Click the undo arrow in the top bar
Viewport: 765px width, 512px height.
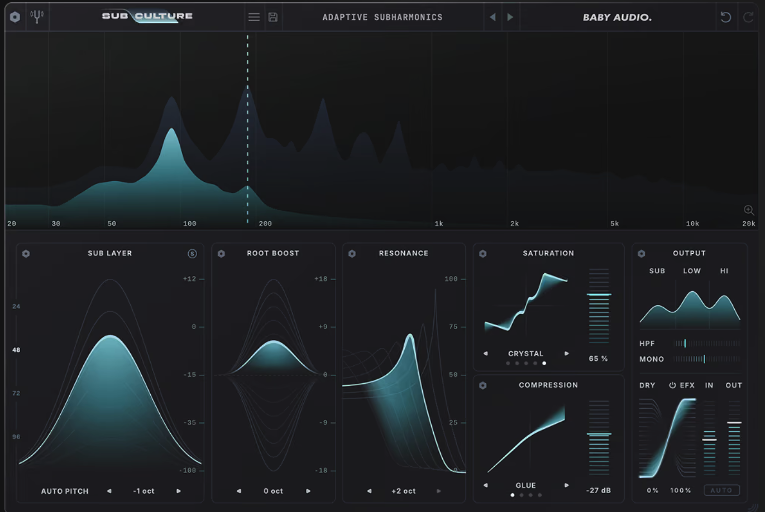(726, 17)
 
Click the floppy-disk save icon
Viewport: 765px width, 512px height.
(273, 17)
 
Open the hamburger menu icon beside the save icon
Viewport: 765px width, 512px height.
(254, 17)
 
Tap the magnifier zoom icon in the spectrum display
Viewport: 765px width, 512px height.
(749, 210)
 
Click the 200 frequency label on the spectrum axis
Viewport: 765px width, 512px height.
(265, 224)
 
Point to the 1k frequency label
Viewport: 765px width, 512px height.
(439, 224)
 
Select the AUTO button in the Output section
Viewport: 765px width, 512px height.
(721, 490)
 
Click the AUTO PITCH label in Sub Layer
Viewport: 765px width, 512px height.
(65, 491)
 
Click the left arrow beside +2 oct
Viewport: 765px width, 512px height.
(369, 491)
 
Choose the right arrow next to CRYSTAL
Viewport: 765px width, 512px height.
(567, 354)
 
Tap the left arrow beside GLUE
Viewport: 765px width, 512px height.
(486, 485)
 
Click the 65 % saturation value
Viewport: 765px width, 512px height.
(599, 359)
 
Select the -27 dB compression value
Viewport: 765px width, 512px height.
(599, 490)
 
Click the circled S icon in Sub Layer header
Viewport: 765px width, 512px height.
(192, 253)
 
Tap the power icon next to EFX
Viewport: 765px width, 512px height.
(672, 385)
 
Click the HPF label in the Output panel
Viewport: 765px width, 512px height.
(647, 344)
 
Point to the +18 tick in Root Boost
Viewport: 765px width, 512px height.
(321, 279)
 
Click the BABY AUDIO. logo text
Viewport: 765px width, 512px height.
(617, 17)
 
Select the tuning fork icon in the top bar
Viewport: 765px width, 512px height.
(37, 16)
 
